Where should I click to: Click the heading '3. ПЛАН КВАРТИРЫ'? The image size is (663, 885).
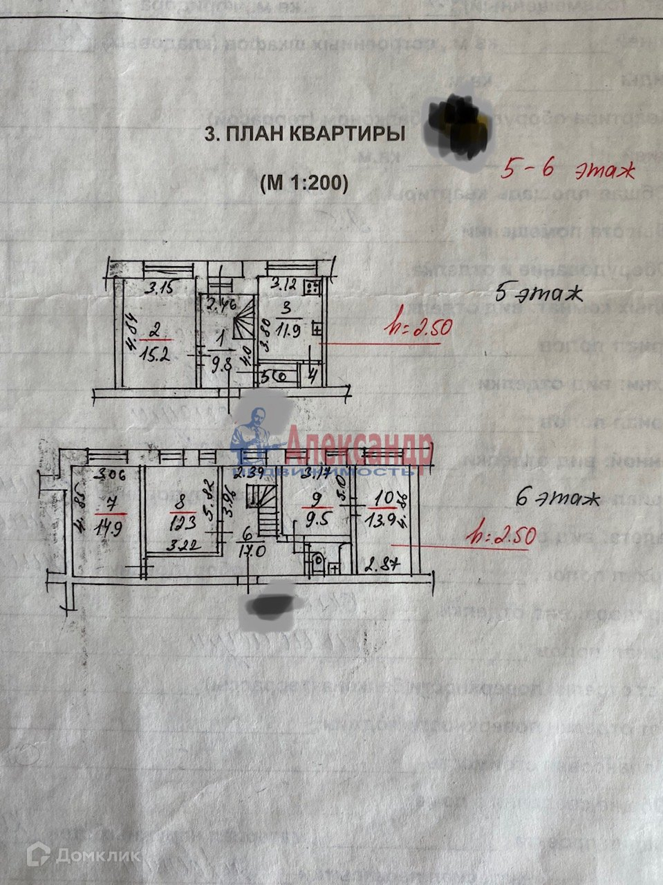pos(304,134)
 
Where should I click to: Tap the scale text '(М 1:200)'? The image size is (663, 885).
pos(304,183)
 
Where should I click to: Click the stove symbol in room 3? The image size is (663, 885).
pos(312,284)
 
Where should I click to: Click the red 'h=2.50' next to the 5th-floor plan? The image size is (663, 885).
pos(418,325)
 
